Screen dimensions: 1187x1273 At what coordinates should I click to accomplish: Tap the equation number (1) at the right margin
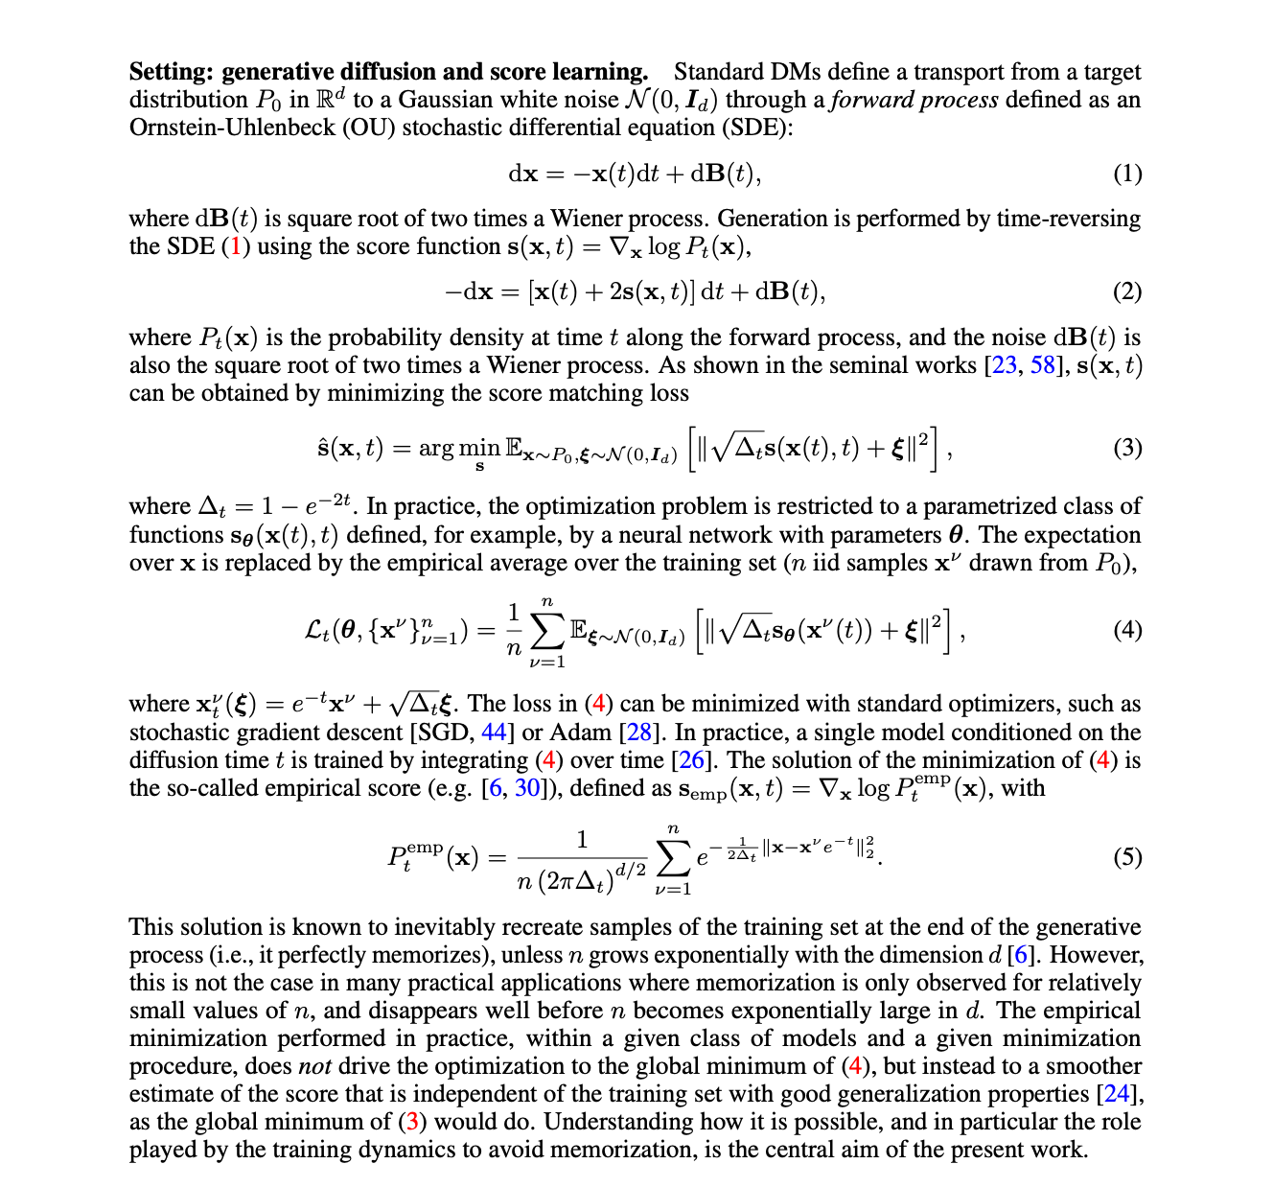click(x=1127, y=174)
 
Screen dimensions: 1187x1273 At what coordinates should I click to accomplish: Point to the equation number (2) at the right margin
click(x=1127, y=291)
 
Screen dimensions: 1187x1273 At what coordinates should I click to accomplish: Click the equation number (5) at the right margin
click(x=1127, y=856)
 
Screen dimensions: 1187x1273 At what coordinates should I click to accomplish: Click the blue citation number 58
click(x=1043, y=365)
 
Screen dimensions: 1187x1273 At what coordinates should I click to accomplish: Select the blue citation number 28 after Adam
click(x=639, y=733)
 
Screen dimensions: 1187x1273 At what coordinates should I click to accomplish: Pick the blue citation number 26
click(x=691, y=760)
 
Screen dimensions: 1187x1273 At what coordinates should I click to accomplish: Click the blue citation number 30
click(x=527, y=788)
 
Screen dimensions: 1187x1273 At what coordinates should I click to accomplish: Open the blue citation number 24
click(x=1118, y=1094)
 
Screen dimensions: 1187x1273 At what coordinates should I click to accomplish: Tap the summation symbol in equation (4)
click(x=547, y=630)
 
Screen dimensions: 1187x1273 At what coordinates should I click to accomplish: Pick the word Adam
click(x=580, y=733)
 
